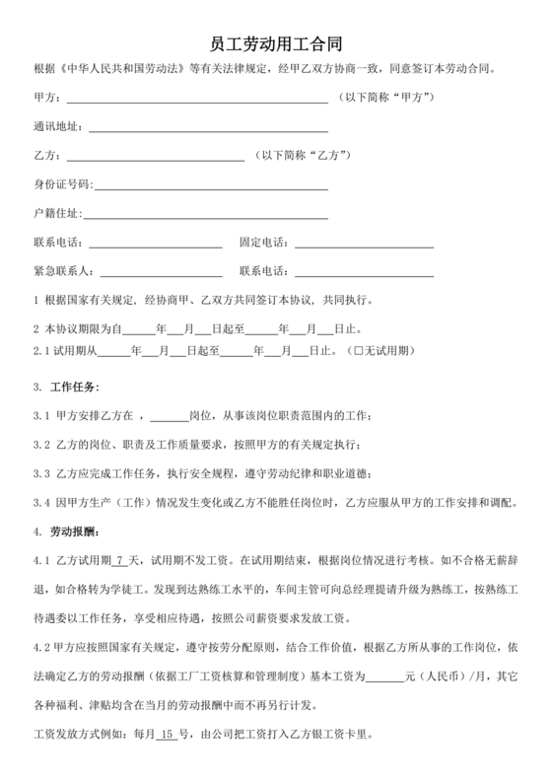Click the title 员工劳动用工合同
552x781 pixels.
(276, 44)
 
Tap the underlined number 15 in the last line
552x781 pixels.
(167, 735)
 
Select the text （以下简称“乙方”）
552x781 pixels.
(303, 157)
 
